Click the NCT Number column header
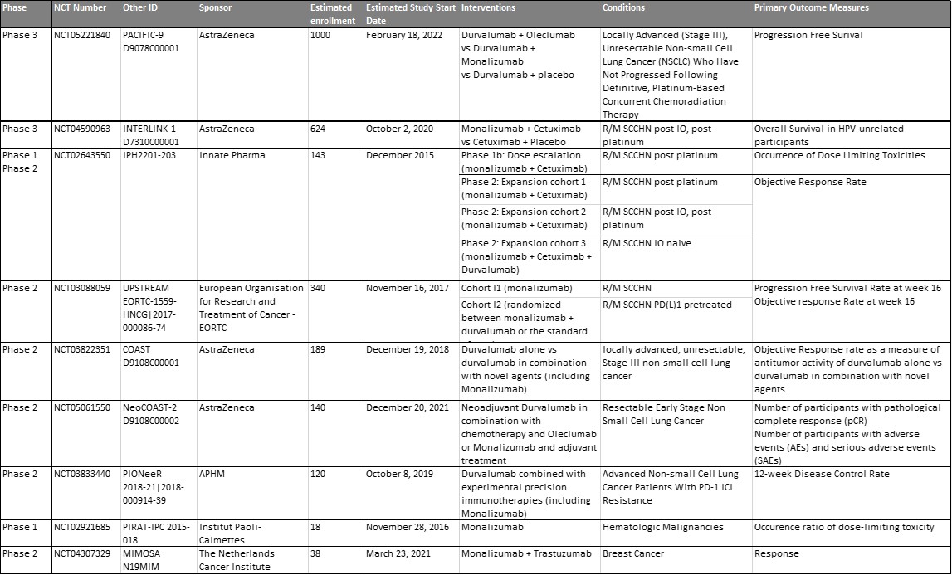(80, 7)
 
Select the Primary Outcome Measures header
(811, 7)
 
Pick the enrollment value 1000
(320, 36)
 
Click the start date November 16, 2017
(407, 288)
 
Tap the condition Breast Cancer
(633, 553)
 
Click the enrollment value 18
(315, 527)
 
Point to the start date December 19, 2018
(407, 349)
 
